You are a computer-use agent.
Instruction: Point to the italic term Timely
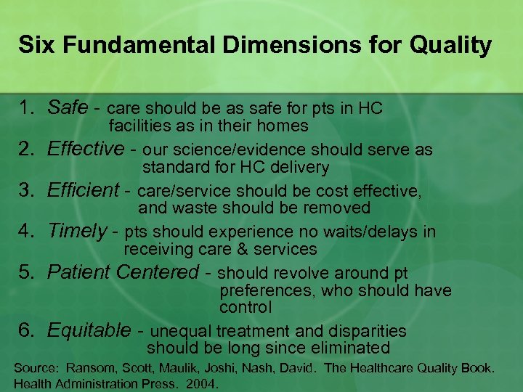click(x=77, y=232)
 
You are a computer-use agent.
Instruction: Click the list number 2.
click(x=27, y=150)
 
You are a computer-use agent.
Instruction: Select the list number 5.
click(x=27, y=272)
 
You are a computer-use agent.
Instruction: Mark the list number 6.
click(x=27, y=331)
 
